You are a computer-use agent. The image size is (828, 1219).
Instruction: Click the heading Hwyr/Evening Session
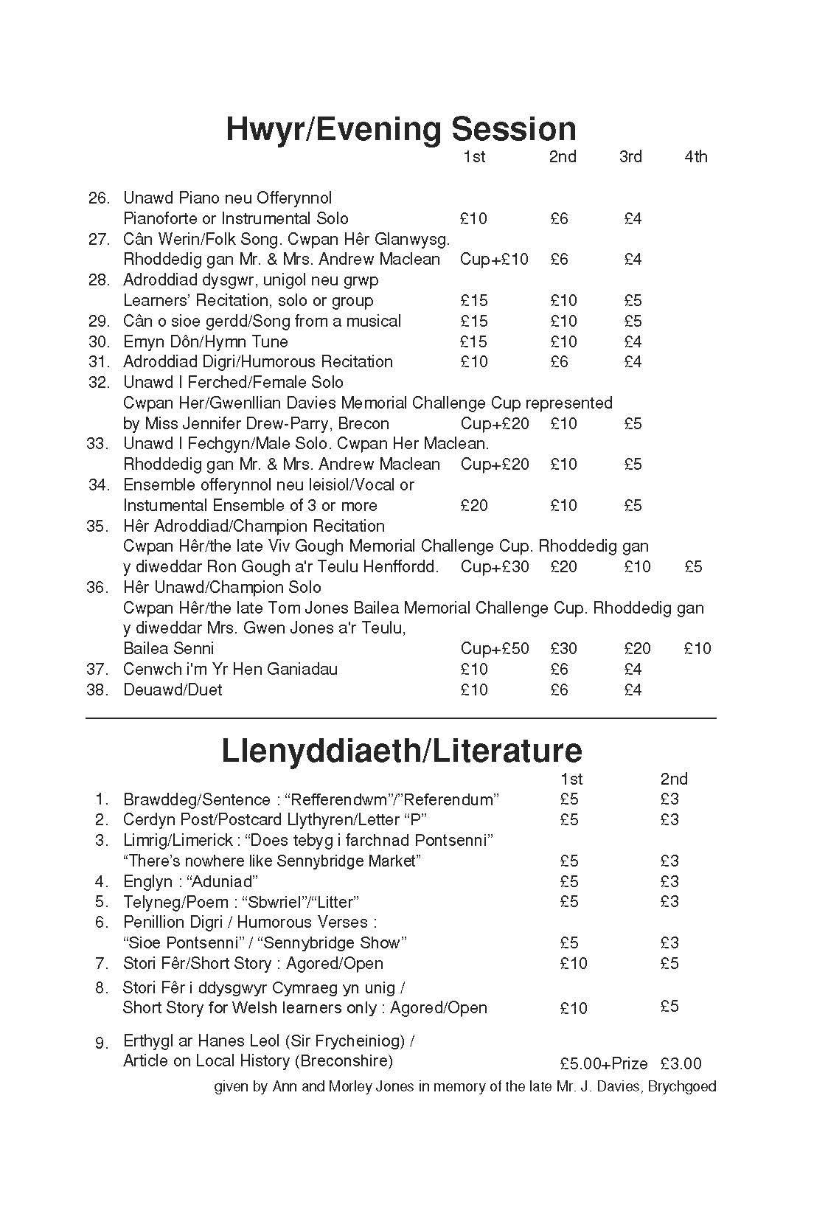click(400, 129)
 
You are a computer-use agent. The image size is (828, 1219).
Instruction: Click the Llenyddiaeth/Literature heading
click(402, 751)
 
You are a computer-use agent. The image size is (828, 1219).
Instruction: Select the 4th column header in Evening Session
click(695, 156)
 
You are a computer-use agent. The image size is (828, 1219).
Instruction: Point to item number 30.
click(99, 341)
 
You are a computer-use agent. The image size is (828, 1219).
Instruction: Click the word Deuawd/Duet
click(173, 690)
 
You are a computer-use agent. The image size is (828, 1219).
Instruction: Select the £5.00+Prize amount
click(603, 1063)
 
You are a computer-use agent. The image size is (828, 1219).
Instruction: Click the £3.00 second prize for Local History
click(681, 1063)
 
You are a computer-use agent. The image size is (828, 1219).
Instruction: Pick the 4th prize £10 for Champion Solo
click(697, 649)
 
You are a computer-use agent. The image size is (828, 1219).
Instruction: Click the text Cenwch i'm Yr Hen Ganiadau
click(230, 670)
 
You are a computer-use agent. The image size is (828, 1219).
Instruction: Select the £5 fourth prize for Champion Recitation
click(693, 567)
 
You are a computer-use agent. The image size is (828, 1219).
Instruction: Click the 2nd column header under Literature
click(674, 779)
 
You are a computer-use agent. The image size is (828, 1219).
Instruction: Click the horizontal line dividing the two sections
click(400, 718)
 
